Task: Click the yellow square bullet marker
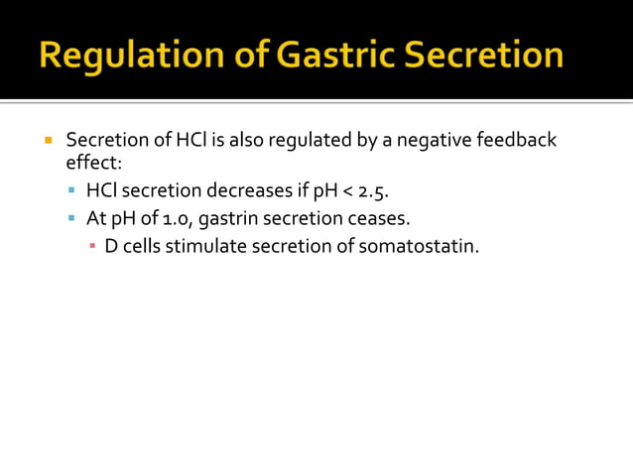48,140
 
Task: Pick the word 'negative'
435,140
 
